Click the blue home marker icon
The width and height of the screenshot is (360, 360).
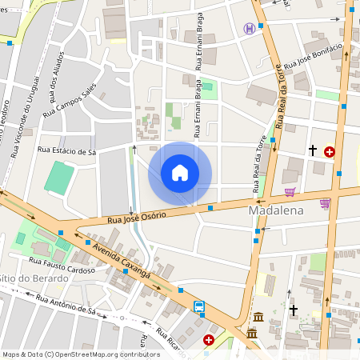point(180,173)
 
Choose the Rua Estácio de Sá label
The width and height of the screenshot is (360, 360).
point(66,150)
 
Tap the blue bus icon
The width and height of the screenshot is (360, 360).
point(198,306)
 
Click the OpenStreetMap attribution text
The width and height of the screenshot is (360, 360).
point(81,354)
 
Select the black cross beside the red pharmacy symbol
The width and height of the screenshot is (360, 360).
point(313,150)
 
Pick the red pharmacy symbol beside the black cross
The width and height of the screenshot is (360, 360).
point(330,150)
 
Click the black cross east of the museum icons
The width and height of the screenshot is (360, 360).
point(294,309)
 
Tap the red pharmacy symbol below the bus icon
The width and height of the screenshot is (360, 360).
point(209,340)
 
